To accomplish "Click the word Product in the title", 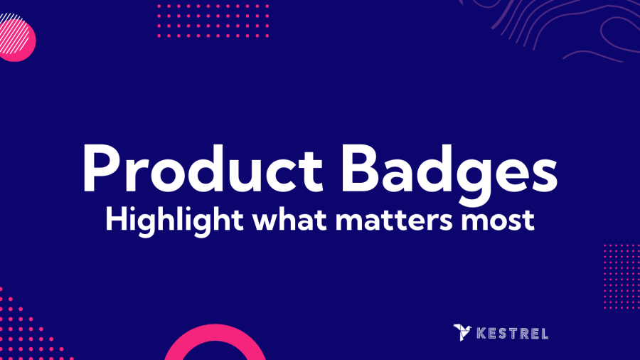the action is point(203,168).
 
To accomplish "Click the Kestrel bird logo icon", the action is point(462,332).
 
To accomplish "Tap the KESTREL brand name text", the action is point(513,334).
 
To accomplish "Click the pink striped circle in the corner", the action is point(16,38).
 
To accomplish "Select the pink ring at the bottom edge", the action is point(215,332).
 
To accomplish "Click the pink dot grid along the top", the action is point(213,21).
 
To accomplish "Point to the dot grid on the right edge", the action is point(622,277).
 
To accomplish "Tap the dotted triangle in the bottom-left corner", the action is point(24,331).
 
